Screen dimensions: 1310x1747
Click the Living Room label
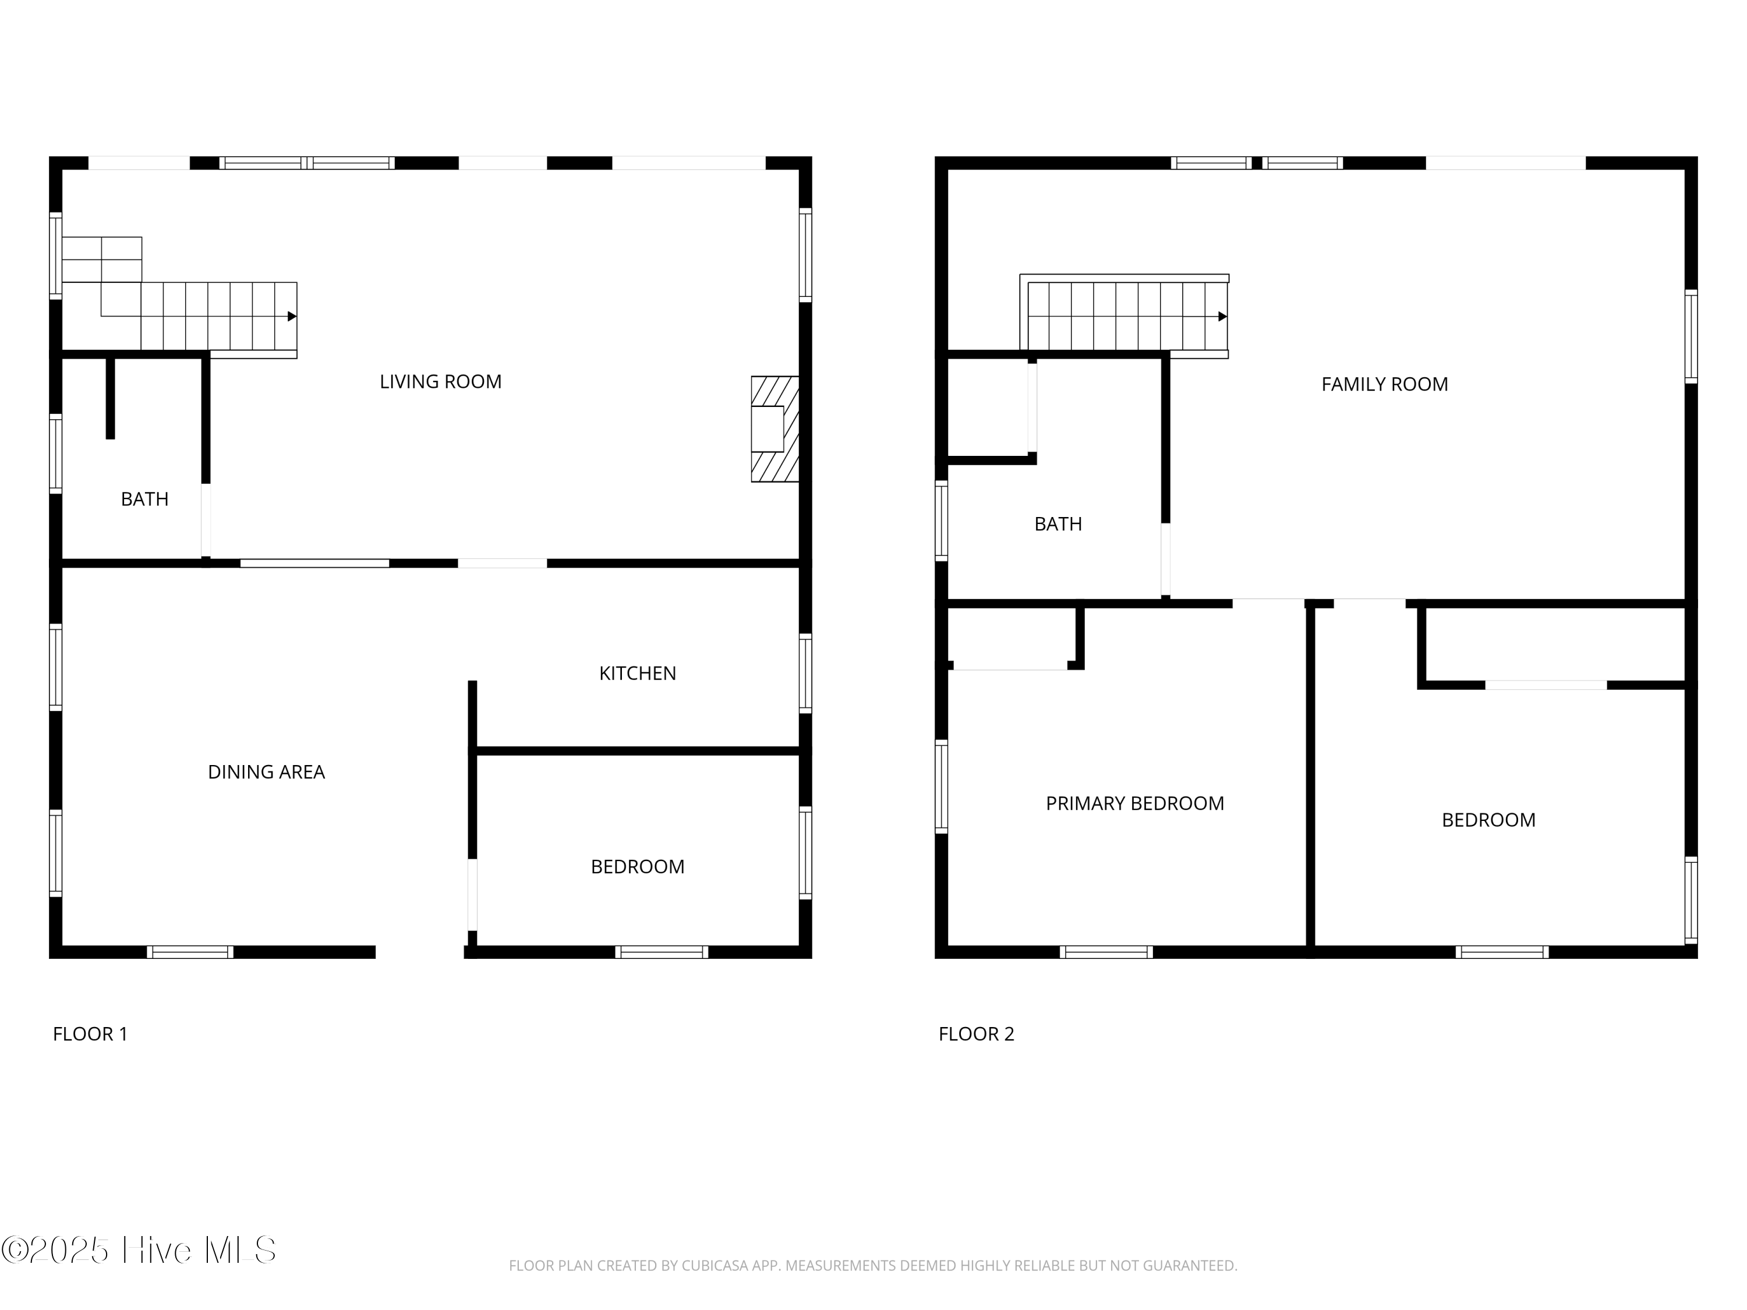pyautogui.click(x=440, y=381)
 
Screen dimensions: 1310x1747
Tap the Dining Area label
pyautogui.click(x=266, y=771)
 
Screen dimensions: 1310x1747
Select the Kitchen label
pyautogui.click(x=637, y=673)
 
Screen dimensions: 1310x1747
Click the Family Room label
pyautogui.click(x=1384, y=384)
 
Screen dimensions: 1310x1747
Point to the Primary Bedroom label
pyautogui.click(x=1134, y=803)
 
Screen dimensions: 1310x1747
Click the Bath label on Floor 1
pyautogui.click(x=144, y=499)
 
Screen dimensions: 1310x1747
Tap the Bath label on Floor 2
pyautogui.click(x=1058, y=523)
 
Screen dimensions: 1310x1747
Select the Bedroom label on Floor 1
pyautogui.click(x=637, y=866)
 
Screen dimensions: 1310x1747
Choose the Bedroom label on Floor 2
pyautogui.click(x=1488, y=820)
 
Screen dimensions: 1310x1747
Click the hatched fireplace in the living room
pyautogui.click(x=774, y=429)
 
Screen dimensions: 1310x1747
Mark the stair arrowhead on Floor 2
pyautogui.click(x=1222, y=317)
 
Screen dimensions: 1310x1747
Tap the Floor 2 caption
pyautogui.click(x=975, y=1033)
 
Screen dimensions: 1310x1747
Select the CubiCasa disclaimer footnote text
pyautogui.click(x=873, y=1266)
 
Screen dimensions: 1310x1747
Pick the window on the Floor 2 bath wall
pyautogui.click(x=940, y=521)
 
